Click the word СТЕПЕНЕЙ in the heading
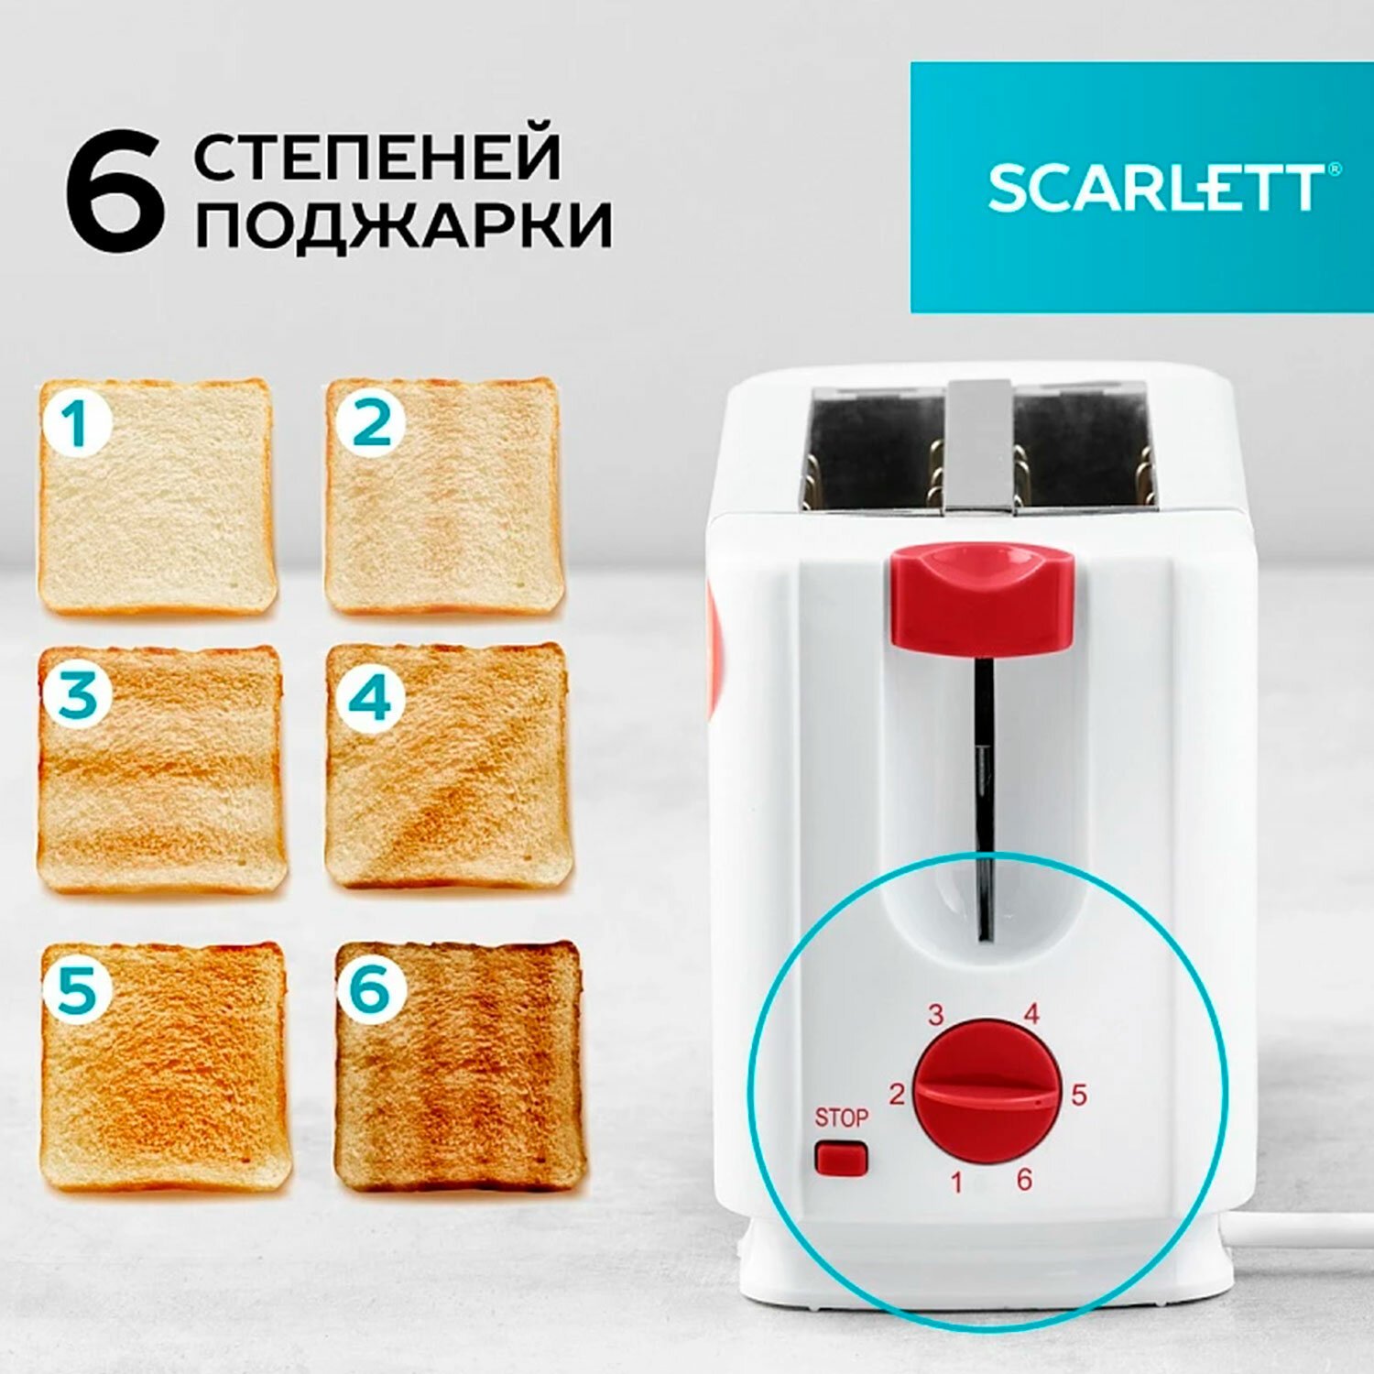[x=376, y=157]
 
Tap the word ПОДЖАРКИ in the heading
[x=403, y=224]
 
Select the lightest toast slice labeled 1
[x=157, y=496]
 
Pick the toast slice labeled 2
[x=444, y=496]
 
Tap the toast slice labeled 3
[x=161, y=769]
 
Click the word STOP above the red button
[x=841, y=1118]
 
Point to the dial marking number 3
[x=935, y=1015]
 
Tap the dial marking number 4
[x=1031, y=1014]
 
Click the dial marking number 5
[x=1079, y=1095]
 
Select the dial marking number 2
[x=897, y=1094]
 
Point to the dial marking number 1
[x=956, y=1183]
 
